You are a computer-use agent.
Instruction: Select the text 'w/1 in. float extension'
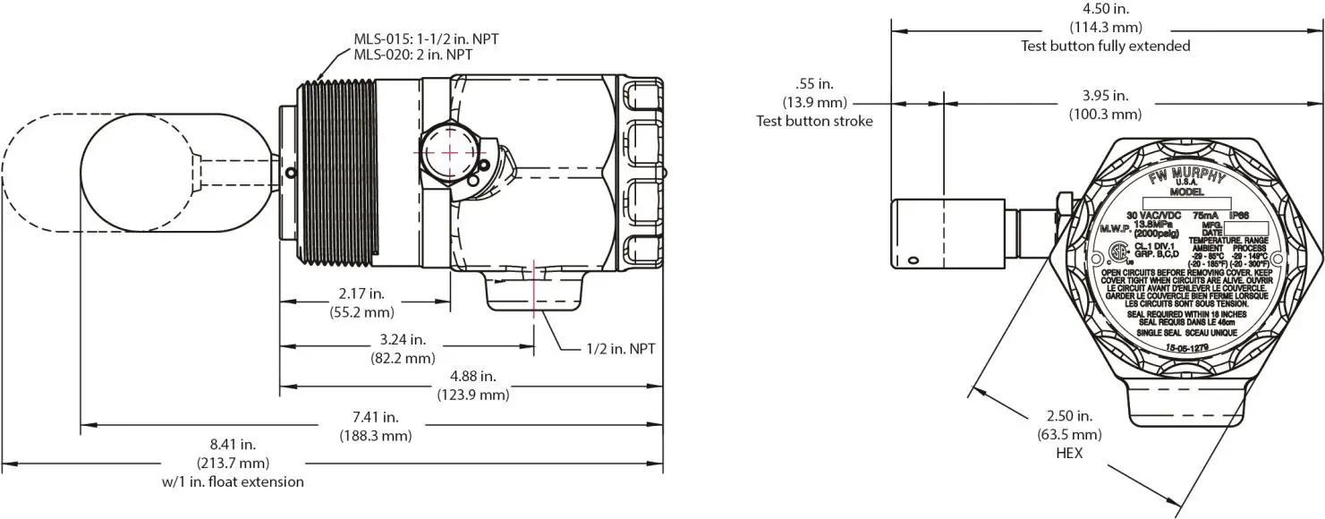(x=232, y=481)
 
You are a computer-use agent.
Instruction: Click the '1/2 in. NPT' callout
(x=621, y=348)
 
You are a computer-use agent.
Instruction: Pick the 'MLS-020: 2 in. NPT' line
(x=412, y=55)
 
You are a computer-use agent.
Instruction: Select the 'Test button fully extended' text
(x=1105, y=46)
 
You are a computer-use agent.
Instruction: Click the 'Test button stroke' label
(x=814, y=121)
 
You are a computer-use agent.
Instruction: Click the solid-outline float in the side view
(x=143, y=175)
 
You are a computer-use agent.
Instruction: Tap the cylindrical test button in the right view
(x=944, y=234)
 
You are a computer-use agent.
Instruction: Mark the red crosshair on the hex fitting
(x=449, y=152)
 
